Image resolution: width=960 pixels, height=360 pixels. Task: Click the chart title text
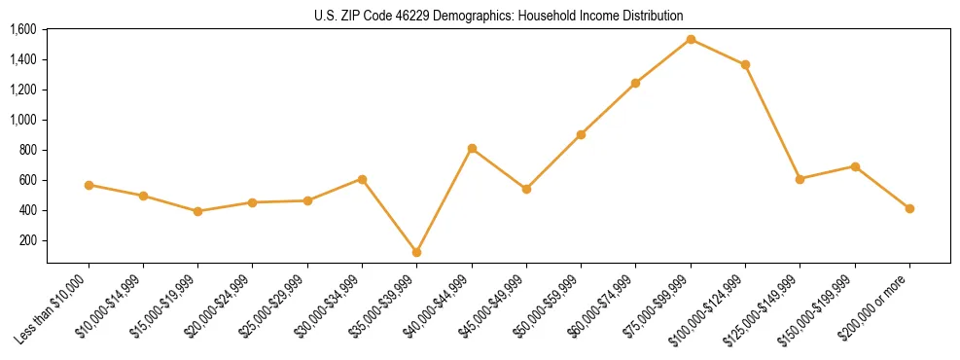click(499, 16)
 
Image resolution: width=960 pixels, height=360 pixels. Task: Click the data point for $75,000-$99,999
click(691, 40)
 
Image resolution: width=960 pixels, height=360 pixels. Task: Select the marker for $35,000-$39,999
click(417, 252)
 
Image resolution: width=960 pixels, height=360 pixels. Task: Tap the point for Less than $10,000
click(89, 185)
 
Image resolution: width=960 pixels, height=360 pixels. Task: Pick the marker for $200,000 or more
click(909, 208)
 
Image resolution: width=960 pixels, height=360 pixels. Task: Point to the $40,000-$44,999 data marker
click(472, 149)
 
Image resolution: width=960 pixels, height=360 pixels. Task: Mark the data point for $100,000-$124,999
click(745, 65)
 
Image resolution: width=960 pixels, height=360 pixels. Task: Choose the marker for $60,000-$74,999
click(636, 84)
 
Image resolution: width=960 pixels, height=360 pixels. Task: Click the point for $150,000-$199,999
click(855, 166)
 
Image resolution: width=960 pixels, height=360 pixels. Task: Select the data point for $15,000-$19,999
click(198, 211)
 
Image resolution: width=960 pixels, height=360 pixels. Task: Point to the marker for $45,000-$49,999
click(526, 189)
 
